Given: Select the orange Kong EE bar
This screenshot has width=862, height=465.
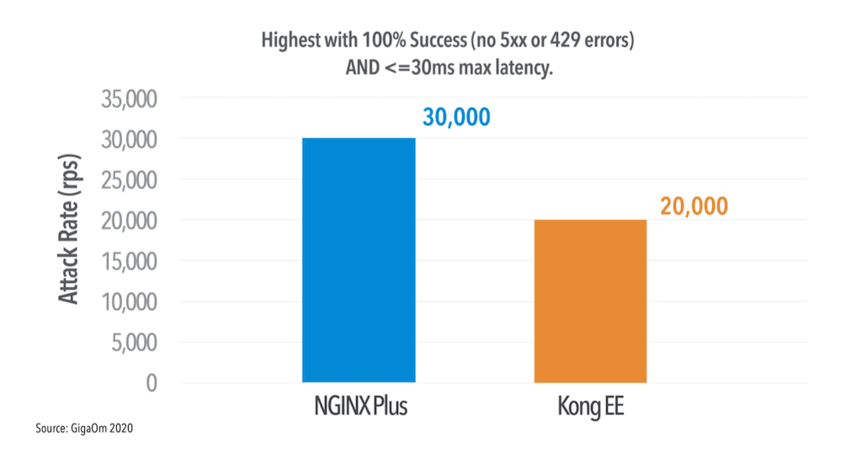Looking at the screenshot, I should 590,301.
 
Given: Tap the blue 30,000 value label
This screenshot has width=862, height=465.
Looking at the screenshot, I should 455,117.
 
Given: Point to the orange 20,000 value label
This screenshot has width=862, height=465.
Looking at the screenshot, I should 694,206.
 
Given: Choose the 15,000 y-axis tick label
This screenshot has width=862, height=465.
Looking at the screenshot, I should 127,261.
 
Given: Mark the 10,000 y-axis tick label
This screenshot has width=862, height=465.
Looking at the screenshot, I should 127,302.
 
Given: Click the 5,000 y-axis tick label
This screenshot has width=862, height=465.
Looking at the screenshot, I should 133,342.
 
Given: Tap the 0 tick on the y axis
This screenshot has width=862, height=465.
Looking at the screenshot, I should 152,382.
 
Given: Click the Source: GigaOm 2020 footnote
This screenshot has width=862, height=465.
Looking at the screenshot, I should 85,429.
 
